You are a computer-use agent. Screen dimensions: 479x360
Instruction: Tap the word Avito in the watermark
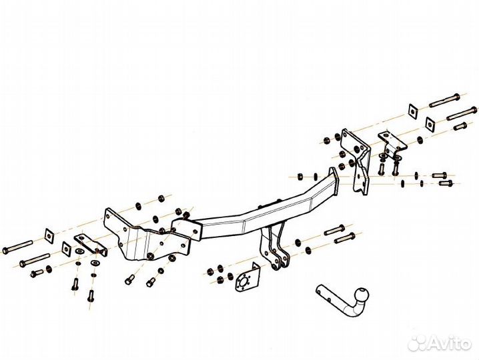click(449, 343)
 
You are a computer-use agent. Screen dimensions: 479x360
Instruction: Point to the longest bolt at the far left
click(17, 247)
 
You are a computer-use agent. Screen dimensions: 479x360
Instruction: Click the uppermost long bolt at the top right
click(444, 101)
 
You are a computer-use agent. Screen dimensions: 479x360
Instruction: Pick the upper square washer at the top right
click(414, 111)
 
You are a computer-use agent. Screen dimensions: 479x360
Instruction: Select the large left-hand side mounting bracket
click(147, 238)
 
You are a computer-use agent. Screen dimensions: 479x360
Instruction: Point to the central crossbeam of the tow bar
click(260, 214)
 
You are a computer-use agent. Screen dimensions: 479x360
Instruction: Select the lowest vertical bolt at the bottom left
click(91, 295)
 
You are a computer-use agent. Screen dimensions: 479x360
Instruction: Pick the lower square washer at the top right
click(431, 124)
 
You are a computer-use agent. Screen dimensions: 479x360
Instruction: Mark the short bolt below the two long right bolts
click(460, 126)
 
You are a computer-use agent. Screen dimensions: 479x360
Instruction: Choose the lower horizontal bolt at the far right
click(446, 183)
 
